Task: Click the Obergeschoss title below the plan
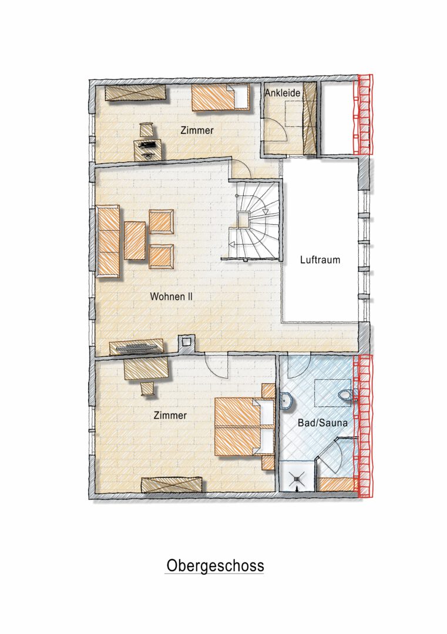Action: (215, 566)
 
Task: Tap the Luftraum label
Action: (320, 259)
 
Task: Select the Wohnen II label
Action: (171, 296)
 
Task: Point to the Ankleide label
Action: (283, 93)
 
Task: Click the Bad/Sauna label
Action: (322, 423)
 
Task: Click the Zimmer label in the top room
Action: (197, 130)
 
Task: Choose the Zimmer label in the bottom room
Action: (170, 415)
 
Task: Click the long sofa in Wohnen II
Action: (108, 242)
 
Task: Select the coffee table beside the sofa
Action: (135, 241)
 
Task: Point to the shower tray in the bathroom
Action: (297, 476)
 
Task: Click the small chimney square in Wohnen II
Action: (186, 342)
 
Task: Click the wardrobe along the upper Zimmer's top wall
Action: (136, 93)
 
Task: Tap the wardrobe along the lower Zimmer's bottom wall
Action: (172, 484)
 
